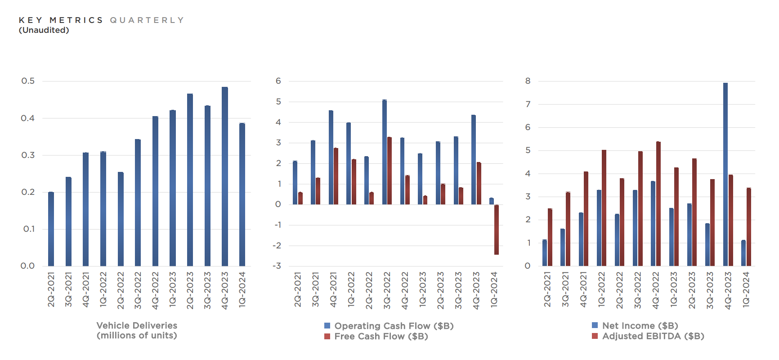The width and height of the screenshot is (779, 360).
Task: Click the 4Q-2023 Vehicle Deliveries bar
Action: [225, 176]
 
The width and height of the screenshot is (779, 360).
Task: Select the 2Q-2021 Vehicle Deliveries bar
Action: [51, 229]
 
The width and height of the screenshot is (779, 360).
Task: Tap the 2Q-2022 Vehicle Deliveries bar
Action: [121, 219]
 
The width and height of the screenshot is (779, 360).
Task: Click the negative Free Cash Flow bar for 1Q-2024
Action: [497, 229]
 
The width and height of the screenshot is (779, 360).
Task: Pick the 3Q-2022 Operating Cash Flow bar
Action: [385, 152]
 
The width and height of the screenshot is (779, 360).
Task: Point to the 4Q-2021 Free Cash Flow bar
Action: [336, 176]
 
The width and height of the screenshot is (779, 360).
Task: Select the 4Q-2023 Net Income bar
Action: [725, 174]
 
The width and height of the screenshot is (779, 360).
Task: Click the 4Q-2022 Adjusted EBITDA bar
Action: [658, 203]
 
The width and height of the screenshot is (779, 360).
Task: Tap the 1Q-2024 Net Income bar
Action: [743, 253]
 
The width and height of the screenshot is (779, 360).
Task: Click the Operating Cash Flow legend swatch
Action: [327, 326]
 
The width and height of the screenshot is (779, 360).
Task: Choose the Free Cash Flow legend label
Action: [381, 336]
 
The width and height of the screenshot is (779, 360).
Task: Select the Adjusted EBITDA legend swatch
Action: [595, 336]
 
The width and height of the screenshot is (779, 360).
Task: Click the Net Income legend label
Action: [640, 325]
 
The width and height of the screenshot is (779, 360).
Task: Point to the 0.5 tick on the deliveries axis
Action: [28, 81]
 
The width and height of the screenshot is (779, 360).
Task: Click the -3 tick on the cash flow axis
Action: [277, 266]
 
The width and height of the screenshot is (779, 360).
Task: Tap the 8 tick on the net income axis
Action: [528, 81]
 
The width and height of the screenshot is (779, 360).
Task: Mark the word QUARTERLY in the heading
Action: [147, 20]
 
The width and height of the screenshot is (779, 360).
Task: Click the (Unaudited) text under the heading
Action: [44, 30]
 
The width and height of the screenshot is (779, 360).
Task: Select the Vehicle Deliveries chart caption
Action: [137, 330]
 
